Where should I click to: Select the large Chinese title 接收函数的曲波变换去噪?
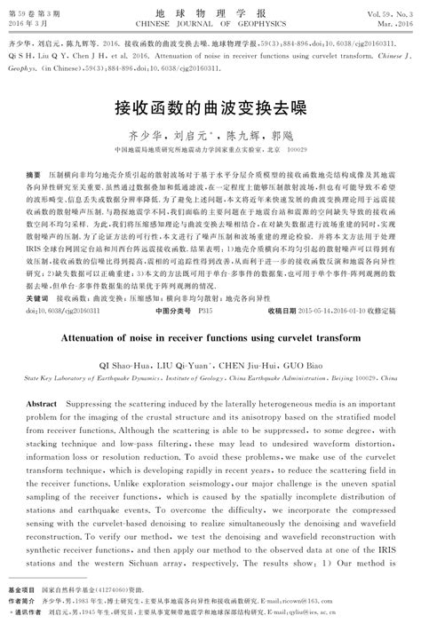coord(210,108)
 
